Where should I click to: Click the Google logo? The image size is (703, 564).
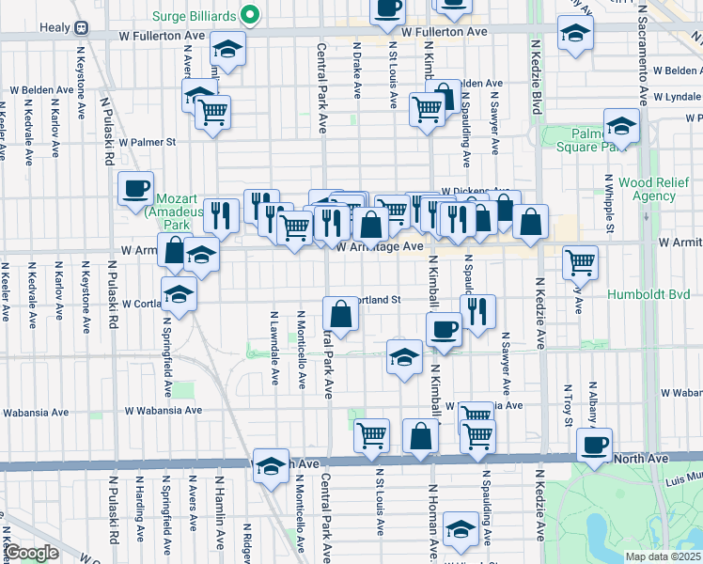(31, 553)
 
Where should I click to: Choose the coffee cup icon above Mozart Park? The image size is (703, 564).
(136, 188)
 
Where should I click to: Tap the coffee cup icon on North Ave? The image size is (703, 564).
(594, 445)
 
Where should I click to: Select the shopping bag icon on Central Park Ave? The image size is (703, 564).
(341, 313)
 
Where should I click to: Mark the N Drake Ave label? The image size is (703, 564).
(357, 70)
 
